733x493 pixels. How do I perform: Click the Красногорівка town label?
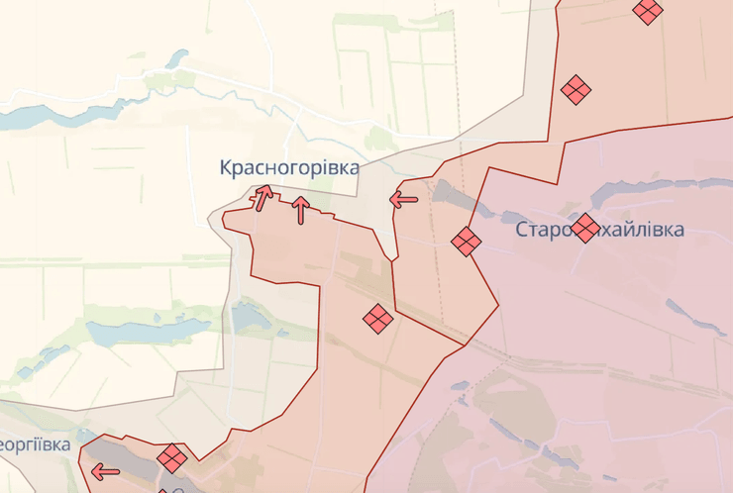pos(288,167)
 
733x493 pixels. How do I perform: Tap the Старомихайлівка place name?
pos(599,230)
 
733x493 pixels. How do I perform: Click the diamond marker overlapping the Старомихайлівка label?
pos(584,228)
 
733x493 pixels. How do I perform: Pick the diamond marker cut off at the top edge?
pos(648,11)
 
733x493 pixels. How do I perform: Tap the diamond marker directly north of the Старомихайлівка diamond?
pos(576,90)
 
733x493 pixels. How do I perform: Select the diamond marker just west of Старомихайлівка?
pos(466,241)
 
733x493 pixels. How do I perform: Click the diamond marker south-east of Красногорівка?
pos(376,319)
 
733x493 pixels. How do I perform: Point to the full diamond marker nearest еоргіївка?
pos(172,457)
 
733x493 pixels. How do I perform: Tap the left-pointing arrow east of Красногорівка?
pos(403,200)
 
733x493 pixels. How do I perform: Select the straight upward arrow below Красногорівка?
pos(300,209)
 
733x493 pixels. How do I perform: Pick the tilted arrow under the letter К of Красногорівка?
pos(263,197)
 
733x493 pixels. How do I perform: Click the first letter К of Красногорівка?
pos(227,167)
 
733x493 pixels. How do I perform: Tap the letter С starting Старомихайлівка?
pos(522,230)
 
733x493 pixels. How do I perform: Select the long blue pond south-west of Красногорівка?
pos(149,333)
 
